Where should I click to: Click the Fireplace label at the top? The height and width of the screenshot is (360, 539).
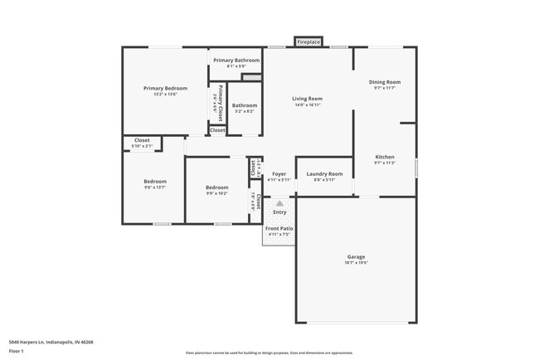point(308,41)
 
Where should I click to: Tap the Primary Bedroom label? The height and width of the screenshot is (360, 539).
point(165,89)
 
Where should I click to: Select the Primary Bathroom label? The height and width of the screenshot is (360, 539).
point(236,61)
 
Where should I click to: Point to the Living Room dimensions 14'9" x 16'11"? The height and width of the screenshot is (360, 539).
point(307,105)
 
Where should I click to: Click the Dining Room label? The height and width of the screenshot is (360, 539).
point(385,82)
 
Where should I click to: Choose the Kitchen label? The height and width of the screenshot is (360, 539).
point(385,157)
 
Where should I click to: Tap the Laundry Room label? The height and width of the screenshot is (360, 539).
point(324,173)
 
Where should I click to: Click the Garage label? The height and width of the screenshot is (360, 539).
point(356,256)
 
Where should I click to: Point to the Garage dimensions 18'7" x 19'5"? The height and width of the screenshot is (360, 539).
point(356,263)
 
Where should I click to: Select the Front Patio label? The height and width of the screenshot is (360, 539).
point(279,228)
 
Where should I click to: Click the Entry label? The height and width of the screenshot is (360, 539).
point(279,212)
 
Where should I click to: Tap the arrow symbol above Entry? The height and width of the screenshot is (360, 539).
point(279,202)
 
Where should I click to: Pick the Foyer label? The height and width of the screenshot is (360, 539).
point(279,173)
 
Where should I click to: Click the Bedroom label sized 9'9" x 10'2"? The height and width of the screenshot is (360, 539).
point(216,187)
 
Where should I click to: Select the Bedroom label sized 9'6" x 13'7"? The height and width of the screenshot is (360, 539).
point(155,181)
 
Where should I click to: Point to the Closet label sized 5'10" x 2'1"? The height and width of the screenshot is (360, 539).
point(143,140)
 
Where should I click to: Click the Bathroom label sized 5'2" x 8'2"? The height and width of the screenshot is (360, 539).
point(245,105)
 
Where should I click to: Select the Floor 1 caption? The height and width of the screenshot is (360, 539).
point(17,352)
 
